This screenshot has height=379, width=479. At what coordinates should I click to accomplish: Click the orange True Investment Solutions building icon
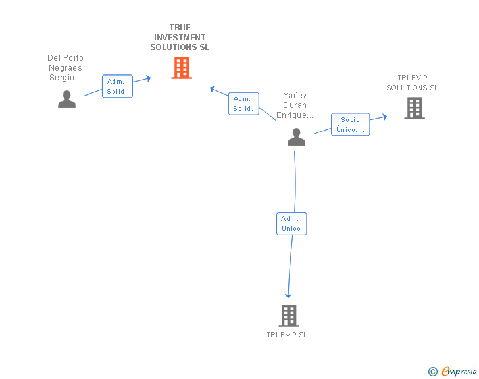coord(182,68)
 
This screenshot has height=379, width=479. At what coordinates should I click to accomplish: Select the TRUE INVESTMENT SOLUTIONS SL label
coord(180,38)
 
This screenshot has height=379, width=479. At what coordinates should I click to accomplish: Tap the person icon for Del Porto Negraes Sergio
coord(66,100)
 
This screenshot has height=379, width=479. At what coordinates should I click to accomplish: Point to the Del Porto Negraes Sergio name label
coord(66,68)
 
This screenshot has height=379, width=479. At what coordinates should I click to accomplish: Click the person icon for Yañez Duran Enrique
coord(296,137)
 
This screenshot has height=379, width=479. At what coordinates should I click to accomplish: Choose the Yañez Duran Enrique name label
coord(295,105)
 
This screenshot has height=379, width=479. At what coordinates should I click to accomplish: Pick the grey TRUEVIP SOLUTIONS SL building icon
coord(415,108)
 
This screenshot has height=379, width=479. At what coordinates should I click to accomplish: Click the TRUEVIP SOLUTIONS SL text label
coord(413,83)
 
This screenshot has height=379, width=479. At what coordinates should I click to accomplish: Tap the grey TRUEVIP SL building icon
coord(289,316)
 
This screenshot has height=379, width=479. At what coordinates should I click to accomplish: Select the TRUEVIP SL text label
coord(287,335)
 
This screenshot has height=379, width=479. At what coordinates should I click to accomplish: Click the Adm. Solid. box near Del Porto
coord(118,86)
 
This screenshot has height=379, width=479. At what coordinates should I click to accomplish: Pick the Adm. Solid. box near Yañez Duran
coord(243,103)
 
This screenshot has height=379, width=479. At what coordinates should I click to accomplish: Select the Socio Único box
coord(350,125)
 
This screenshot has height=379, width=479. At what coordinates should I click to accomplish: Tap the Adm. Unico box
coord(291,223)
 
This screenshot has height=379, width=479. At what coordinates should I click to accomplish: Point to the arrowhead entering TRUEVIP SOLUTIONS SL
coord(384,117)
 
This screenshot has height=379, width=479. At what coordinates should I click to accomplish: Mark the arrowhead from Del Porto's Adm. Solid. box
coord(148,78)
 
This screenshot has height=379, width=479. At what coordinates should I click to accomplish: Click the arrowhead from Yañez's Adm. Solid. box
coord(213,88)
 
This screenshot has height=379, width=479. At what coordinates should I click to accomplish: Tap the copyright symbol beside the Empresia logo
coord(432,372)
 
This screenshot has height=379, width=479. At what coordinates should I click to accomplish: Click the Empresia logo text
coord(459,371)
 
